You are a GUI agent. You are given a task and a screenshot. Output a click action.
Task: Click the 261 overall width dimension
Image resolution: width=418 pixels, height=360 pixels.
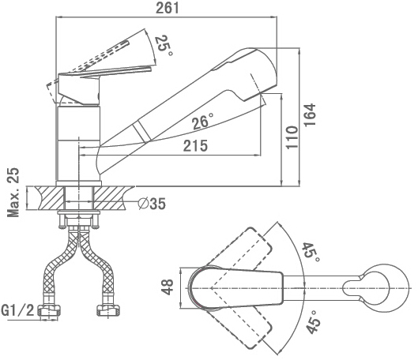168,8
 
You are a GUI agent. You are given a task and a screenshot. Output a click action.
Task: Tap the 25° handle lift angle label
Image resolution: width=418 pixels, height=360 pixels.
164,46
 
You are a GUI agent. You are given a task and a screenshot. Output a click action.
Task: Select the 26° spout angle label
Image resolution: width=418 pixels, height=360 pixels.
203,121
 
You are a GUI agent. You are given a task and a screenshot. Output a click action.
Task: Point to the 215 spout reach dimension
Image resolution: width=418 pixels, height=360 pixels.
195,146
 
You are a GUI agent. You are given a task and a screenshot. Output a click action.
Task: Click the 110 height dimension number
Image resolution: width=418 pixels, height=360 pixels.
292,137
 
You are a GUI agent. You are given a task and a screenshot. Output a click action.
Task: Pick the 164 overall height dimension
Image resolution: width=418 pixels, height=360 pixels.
311,114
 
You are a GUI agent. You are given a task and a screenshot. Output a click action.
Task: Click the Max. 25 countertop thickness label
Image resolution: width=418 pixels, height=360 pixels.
13,193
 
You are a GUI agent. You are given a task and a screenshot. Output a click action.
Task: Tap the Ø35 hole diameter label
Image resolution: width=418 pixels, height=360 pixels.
152,204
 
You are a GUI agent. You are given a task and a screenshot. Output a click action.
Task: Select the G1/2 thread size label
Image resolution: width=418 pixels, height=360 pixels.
17,310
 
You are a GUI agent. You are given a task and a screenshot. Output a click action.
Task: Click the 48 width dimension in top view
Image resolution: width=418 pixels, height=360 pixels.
168,287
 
